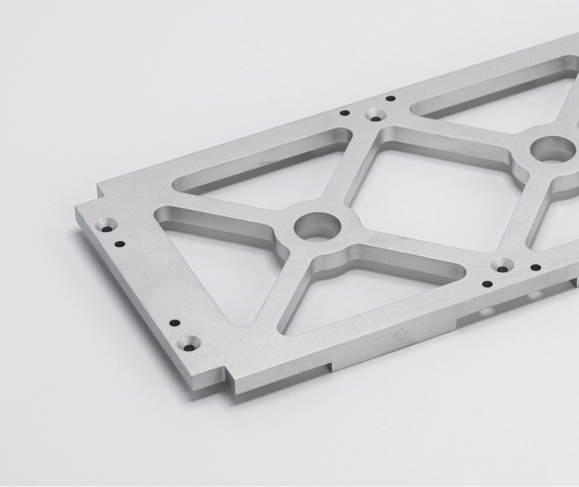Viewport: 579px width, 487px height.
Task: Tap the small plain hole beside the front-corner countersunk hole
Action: pyautogui.click(x=174, y=323)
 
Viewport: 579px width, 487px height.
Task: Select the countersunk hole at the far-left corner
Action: pyautogui.click(x=108, y=225)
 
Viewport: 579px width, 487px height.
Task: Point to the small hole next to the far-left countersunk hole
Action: pyautogui.click(x=119, y=244)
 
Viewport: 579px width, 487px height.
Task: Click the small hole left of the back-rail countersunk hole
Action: pyautogui.click(x=345, y=113)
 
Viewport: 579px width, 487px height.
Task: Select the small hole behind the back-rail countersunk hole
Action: pyautogui.click(x=390, y=99)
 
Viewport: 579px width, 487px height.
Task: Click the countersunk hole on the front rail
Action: pyautogui.click(x=502, y=266)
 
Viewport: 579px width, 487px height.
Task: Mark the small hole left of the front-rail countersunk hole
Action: pyautogui.click(x=488, y=284)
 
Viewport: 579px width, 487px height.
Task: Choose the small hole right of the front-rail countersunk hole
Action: pyautogui.click(x=536, y=268)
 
